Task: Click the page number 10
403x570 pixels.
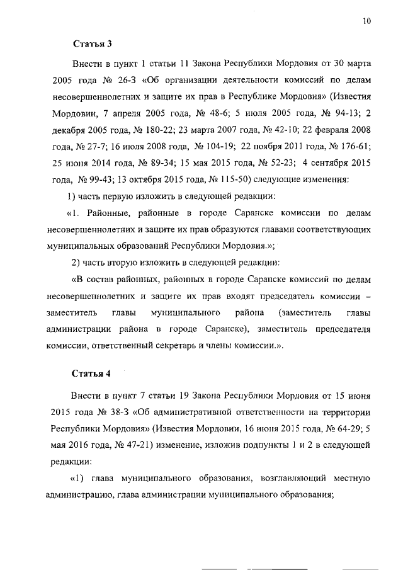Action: pyautogui.click(x=366, y=21)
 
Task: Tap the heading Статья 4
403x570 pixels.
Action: pyautogui.click(x=92, y=372)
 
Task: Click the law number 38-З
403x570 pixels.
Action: pyautogui.click(x=113, y=411)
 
